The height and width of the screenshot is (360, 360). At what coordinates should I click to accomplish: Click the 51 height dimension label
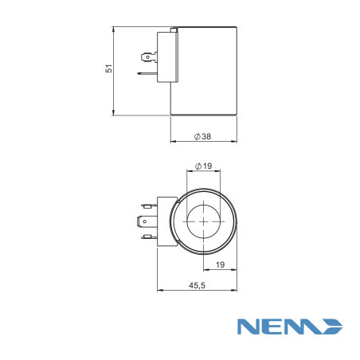[x=109, y=68]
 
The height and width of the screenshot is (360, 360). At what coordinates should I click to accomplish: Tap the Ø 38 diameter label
[x=202, y=136]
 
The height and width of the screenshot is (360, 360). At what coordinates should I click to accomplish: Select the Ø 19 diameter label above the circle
[x=204, y=166]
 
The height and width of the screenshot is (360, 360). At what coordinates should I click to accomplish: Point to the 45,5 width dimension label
[x=197, y=286]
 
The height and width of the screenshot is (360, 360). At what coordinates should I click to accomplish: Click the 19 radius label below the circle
[x=220, y=264]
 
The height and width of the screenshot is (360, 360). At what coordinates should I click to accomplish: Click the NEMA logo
[x=290, y=327]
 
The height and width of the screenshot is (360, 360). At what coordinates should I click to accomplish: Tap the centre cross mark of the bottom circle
[x=204, y=221]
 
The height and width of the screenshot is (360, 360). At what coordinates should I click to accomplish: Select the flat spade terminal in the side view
[x=149, y=57]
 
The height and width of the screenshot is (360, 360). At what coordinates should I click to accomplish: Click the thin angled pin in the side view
[x=147, y=73]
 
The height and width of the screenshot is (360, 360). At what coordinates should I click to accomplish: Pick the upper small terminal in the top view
[x=150, y=205]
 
